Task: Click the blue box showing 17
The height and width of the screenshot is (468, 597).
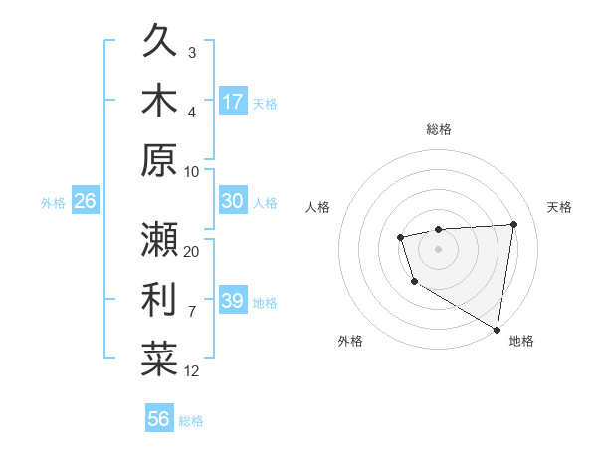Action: coord(233,101)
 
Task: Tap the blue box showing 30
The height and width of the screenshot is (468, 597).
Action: coord(233,201)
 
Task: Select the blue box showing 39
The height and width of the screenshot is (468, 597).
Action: coord(233,301)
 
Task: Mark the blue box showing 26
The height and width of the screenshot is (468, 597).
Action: coord(85,201)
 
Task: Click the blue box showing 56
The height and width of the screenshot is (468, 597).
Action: coord(159,419)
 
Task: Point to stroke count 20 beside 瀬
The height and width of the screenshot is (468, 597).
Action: coord(192,251)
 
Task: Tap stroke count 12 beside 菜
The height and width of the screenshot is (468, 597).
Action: coord(192,370)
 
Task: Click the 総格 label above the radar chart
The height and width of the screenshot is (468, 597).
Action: coord(439,130)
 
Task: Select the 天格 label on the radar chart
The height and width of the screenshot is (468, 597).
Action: coord(560,207)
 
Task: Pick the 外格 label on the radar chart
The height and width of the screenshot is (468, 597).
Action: coord(350,341)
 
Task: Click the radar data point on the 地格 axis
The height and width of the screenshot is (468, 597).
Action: coord(497,329)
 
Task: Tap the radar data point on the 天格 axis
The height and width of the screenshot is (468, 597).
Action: coord(513,224)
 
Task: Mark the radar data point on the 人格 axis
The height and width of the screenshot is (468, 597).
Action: coord(400,237)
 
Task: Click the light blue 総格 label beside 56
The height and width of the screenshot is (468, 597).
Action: coord(191,421)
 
